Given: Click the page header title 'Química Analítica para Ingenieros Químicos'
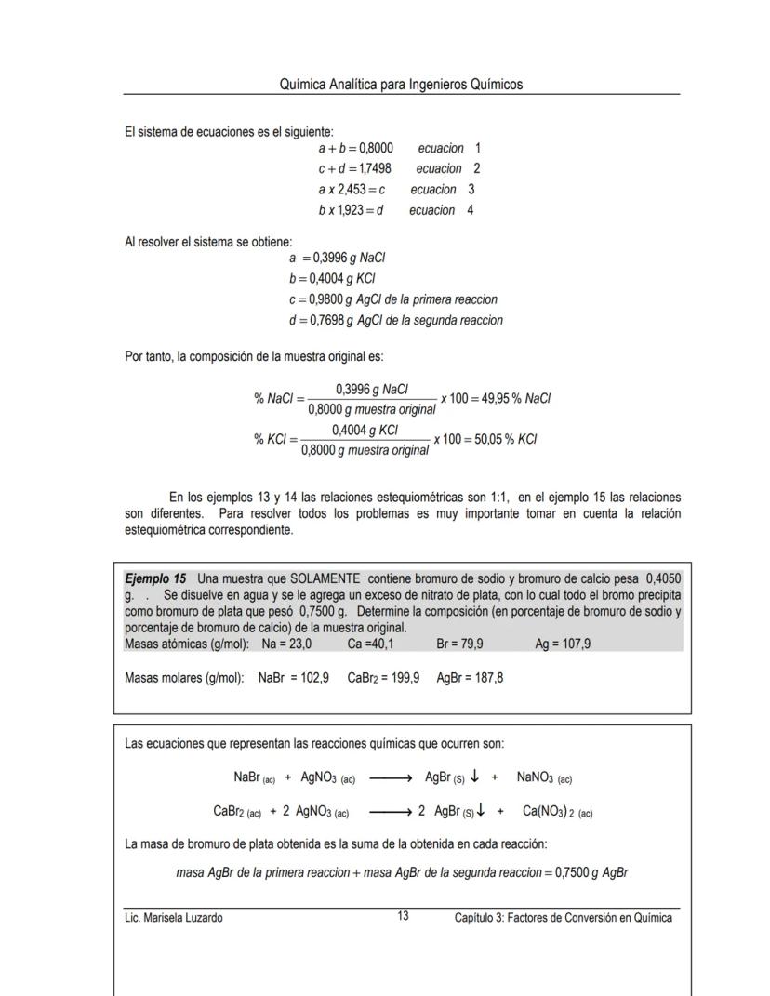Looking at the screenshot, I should coord(401,85).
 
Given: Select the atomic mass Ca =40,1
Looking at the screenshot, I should coord(372,644).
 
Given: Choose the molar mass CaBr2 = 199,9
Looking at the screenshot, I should coord(383,678).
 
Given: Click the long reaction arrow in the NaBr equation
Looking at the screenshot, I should coord(390,778).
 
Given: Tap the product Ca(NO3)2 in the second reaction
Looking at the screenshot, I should coord(558,812).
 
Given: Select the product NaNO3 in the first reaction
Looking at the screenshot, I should coord(544,778).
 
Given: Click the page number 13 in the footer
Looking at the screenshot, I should coord(403,917).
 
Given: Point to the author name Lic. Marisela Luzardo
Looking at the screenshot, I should coord(174,918).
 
